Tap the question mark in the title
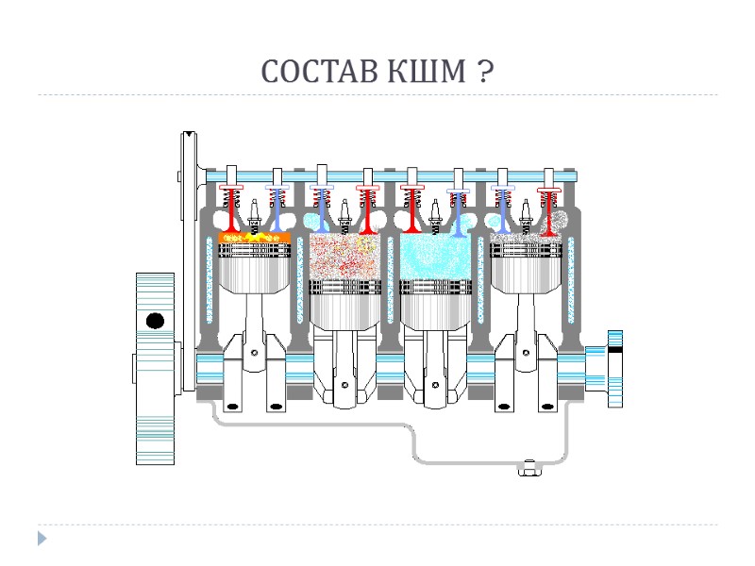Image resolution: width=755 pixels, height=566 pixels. [481, 72]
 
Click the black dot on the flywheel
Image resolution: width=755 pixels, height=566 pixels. [155, 321]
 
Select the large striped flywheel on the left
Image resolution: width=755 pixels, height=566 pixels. [155, 368]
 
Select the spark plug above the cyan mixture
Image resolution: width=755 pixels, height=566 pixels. [435, 211]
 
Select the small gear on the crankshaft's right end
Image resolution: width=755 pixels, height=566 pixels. [614, 368]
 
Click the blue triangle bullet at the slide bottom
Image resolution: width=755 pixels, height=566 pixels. [42, 539]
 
